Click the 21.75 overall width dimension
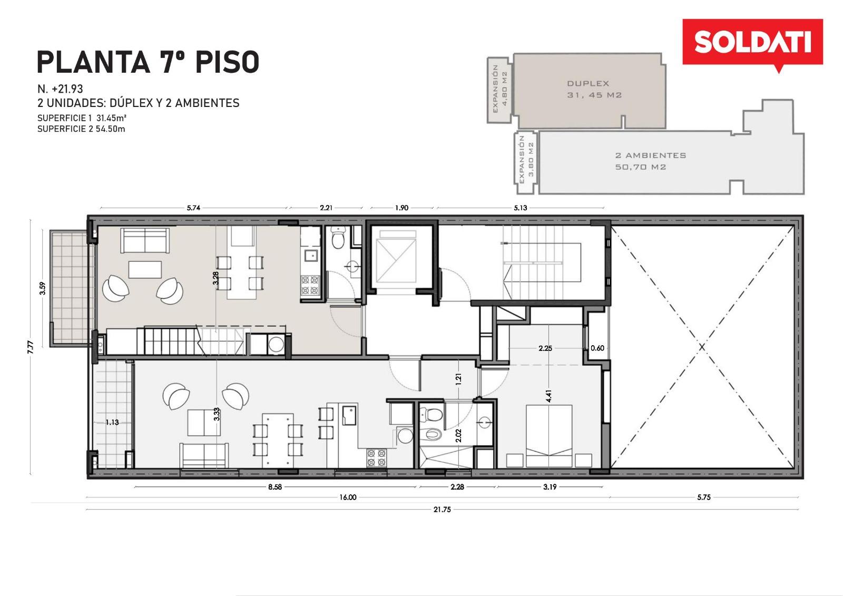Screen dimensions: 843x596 pos(442,510)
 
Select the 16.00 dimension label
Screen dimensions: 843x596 pos(348,497)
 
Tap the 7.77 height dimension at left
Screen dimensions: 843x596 pos(31,346)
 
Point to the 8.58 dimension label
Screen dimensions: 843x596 pos(275,487)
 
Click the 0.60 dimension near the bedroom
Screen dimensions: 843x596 pos(597,348)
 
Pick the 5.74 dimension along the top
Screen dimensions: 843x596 pos(193,208)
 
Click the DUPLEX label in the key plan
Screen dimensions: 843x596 pos(588,83)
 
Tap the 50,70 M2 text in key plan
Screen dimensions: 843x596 pos(641,167)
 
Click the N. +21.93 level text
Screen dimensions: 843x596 pos(60,89)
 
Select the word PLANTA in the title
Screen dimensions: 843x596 pos(93,62)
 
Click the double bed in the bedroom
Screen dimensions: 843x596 pos(549,436)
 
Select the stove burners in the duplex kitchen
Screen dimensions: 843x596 pos(310,285)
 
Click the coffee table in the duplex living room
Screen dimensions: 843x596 pos(145,270)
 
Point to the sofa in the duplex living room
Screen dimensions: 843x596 pos(145,241)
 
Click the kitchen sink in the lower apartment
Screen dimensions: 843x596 pos(350,415)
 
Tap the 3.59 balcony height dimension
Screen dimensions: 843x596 pos(43,288)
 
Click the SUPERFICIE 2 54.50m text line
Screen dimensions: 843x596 pos(81,129)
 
